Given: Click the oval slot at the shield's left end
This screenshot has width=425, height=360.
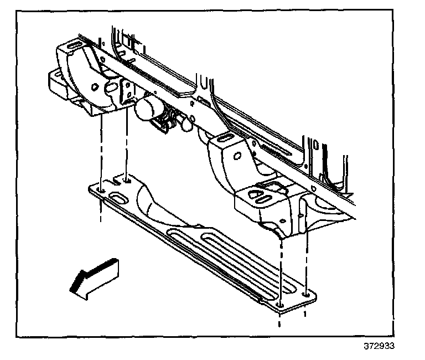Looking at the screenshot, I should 119,197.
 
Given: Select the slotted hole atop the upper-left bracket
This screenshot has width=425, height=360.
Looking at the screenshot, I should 74,45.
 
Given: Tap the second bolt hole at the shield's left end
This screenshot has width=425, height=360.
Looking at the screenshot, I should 127,179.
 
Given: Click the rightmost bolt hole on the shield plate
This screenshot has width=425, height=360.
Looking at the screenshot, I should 306,295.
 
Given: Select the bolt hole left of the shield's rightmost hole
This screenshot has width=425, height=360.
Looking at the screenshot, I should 281,305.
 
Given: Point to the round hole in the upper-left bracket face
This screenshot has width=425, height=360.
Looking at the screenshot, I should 96,86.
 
